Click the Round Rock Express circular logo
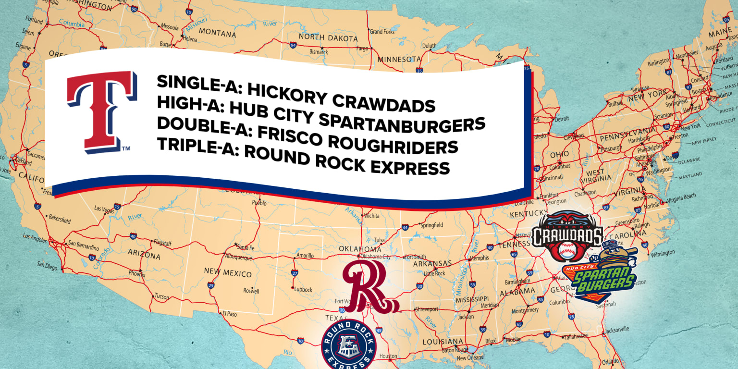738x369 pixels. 349,345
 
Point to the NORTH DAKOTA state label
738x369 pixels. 328,38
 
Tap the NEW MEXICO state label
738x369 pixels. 228,273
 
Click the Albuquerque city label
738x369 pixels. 239,258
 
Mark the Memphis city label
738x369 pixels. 479,258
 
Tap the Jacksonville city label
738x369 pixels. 617,329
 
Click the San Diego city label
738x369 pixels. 48,266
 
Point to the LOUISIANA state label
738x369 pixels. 443,341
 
